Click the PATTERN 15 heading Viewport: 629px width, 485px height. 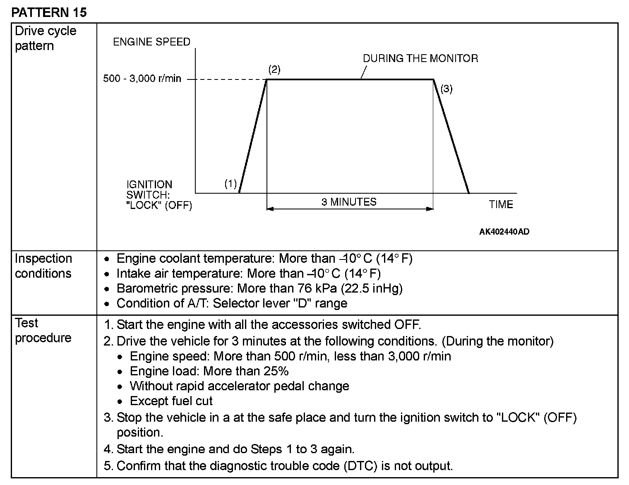[49, 12]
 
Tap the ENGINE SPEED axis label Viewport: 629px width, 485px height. [151, 42]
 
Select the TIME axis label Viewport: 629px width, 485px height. [501, 204]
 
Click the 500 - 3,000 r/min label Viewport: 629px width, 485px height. [142, 79]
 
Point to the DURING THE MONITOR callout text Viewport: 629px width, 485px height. [420, 58]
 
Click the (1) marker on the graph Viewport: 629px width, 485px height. [230, 183]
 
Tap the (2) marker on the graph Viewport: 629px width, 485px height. [274, 70]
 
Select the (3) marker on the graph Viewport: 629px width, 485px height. [446, 89]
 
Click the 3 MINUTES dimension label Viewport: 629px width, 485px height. [349, 202]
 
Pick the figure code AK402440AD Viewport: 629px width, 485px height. [504, 232]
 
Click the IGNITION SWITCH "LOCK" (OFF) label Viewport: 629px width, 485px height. [159, 195]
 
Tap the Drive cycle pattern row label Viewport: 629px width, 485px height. [46, 38]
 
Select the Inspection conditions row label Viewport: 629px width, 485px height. [43, 266]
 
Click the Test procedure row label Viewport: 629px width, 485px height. [43, 330]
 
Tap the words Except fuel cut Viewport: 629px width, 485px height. [171, 401]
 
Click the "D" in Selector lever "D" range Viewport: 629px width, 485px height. [299, 303]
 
